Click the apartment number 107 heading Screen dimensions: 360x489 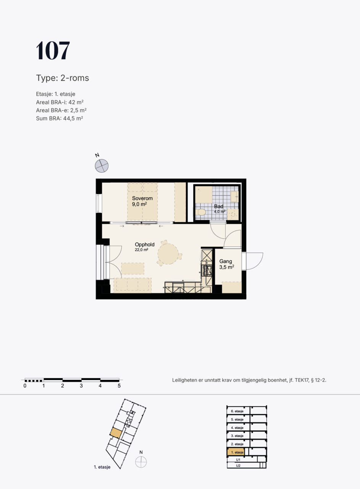tap(53, 50)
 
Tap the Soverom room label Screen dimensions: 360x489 tap(142, 198)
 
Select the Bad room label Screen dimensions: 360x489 tap(218, 206)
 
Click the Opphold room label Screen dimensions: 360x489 tap(144, 244)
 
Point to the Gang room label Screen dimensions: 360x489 tap(226, 261)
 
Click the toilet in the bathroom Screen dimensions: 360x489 tap(200, 212)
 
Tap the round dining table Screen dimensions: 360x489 tap(168, 254)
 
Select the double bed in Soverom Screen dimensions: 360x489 tap(142, 202)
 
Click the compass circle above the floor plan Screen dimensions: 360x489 tap(102, 166)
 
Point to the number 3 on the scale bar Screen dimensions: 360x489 tap(81, 386)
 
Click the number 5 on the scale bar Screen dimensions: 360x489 tap(119, 386)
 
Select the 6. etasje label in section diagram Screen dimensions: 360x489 tap(237, 411)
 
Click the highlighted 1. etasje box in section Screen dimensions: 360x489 tap(236, 452)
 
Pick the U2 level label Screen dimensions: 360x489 tap(238, 466)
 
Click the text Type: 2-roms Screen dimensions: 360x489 tap(62, 78)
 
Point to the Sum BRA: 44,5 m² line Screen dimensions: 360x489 tap(59, 118)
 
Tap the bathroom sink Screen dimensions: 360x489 tap(235, 197)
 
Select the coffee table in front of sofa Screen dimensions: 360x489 tap(132, 269)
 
